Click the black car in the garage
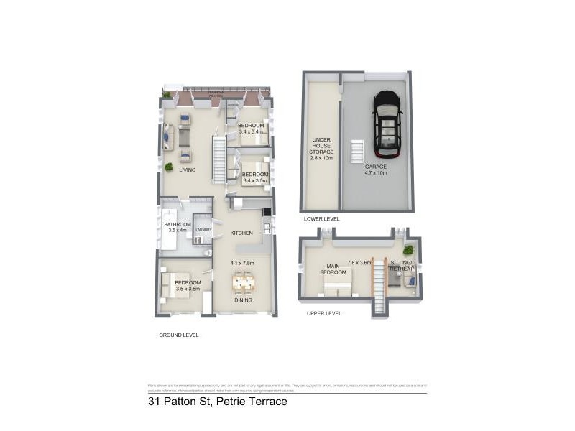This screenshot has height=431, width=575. (x=387, y=124)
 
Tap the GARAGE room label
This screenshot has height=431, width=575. (x=374, y=166)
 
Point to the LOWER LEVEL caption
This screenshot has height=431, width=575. (x=321, y=218)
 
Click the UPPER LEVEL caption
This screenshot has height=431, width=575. (x=323, y=313)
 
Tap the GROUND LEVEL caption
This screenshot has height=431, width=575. (x=178, y=335)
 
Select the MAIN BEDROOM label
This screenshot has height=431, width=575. (x=332, y=269)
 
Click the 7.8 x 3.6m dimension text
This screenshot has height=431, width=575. (x=359, y=263)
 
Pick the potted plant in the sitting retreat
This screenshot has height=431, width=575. (x=408, y=250)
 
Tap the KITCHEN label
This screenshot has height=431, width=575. (x=241, y=233)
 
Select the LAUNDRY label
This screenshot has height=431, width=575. (x=203, y=230)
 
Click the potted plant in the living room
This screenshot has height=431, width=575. (x=168, y=167)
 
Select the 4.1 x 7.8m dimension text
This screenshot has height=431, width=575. (x=242, y=263)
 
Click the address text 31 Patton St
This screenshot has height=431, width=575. (x=217, y=402)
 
